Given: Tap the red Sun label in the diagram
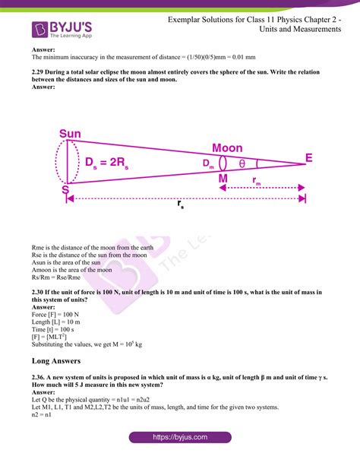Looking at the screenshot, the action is point(70,135).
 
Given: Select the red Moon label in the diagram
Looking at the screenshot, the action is point(227,147).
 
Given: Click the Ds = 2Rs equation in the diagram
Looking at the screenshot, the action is point(107,162).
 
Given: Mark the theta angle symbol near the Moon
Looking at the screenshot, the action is point(242,163).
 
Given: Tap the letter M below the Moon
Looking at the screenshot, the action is point(223,179).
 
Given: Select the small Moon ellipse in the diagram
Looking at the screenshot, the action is point(223,163).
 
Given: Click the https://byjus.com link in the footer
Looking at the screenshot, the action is point(179,437).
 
